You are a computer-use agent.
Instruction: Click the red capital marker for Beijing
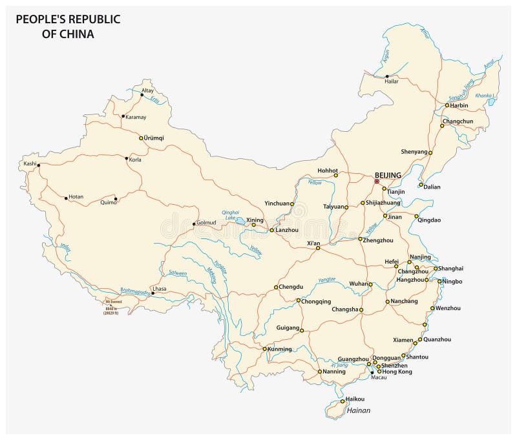[x=377, y=182]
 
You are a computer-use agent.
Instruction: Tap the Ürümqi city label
[x=154, y=138]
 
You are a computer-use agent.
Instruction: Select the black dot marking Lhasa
[x=153, y=293]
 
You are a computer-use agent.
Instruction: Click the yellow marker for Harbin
[x=447, y=105]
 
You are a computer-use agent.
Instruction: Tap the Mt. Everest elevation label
[x=113, y=303]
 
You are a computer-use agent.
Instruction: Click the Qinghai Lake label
[x=231, y=214]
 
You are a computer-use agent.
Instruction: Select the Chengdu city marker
[x=276, y=287]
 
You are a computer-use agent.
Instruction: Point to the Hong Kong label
[x=397, y=372]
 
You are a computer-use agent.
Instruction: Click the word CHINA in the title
[x=77, y=34]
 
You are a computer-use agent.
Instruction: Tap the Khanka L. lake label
[x=485, y=96]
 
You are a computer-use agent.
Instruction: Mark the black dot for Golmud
[x=194, y=224]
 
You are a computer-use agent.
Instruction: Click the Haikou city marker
[x=343, y=401]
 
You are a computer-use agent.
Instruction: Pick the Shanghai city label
[x=451, y=268]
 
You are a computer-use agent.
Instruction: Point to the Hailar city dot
[x=387, y=76]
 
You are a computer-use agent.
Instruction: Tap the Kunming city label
[x=279, y=349]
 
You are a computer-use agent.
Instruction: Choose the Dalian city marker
[x=421, y=185]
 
